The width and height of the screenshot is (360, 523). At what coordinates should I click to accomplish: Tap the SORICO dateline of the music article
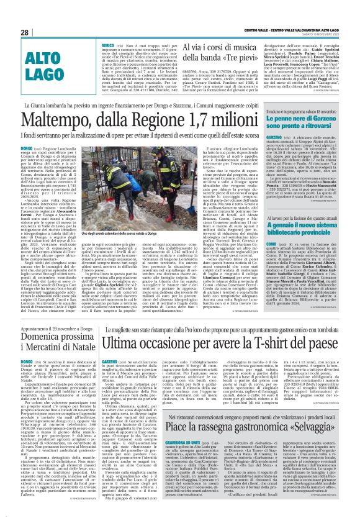[107, 29]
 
